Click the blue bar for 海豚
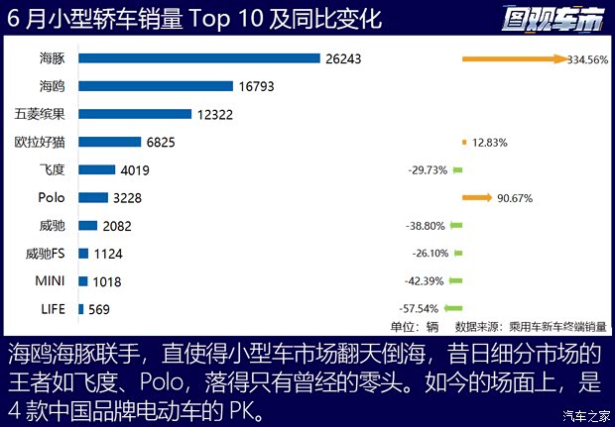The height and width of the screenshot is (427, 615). point(198,58)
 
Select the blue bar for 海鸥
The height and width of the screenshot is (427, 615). point(155,86)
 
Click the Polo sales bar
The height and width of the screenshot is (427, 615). point(92,197)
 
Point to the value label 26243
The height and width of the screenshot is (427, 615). point(342,58)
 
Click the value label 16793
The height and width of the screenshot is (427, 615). point(255,86)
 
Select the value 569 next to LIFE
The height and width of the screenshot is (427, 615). point(98,309)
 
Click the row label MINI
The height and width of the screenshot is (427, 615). point(50,281)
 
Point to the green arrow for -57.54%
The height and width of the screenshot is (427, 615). point(452,309)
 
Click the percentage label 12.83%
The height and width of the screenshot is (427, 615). point(490,143)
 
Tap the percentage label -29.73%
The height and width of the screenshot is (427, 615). point(427,170)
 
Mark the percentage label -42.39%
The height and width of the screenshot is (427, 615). point(424,281)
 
